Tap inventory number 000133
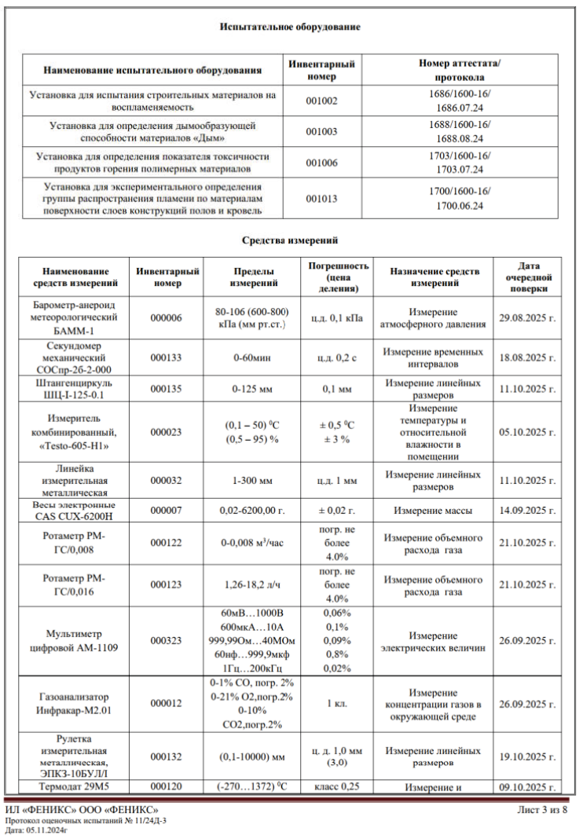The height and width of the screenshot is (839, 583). (166, 357)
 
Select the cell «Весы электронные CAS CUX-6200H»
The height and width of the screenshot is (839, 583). (75, 511)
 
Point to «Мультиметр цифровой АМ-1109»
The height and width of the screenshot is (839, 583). (75, 641)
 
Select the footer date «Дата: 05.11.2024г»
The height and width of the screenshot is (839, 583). (37, 830)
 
